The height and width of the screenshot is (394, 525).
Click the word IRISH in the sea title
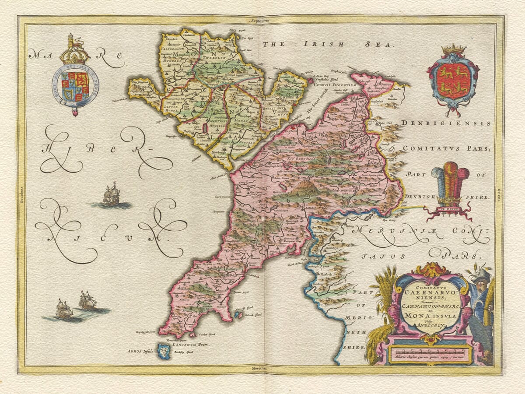pos(322,44)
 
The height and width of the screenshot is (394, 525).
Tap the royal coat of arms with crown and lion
pos(75,77)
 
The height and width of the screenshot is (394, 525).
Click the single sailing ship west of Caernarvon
pos(111,195)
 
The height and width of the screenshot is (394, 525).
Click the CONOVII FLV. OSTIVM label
pos(332,84)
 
